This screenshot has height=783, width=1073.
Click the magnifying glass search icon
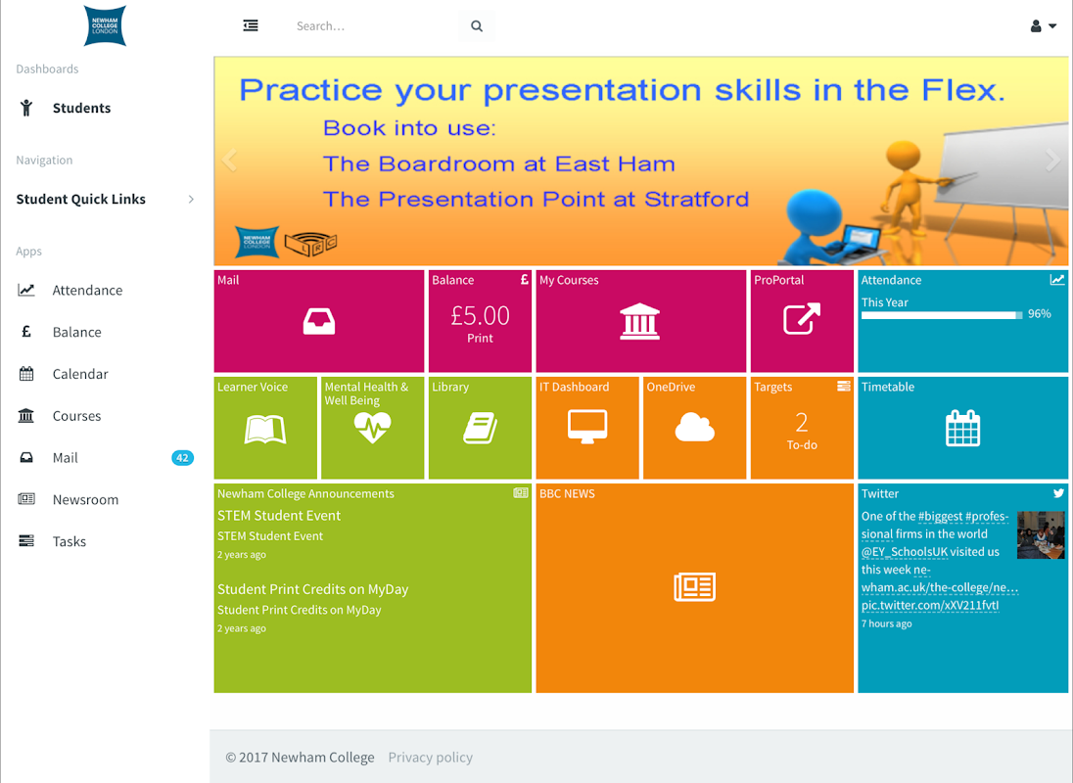click(x=476, y=26)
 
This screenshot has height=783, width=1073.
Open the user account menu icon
click(x=1043, y=26)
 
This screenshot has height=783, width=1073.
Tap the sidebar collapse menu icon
click(x=251, y=25)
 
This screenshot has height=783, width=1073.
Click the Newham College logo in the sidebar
click(x=105, y=26)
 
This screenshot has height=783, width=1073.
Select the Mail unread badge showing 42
click(x=182, y=457)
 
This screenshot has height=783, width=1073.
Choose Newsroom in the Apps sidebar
click(x=85, y=499)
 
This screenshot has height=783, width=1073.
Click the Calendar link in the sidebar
click(x=80, y=373)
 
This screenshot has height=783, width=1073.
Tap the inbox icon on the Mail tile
click(x=319, y=321)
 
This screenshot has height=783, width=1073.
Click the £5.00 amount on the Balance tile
click(x=480, y=315)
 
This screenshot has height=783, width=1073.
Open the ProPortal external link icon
click(x=802, y=319)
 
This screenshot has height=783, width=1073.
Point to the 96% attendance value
click(x=1040, y=314)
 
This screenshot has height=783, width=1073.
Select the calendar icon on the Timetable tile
click(x=962, y=428)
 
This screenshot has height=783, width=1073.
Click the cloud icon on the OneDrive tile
click(x=694, y=427)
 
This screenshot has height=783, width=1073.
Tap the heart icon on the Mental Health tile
click(x=372, y=428)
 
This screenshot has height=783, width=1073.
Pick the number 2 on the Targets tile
click(x=802, y=422)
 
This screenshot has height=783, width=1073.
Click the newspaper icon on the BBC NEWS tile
click(x=694, y=586)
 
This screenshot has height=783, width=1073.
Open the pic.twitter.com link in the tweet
click(x=930, y=605)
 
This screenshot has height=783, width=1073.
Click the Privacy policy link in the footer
click(x=431, y=757)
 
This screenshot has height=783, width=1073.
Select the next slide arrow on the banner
click(x=1052, y=160)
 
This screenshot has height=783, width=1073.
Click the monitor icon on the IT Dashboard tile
click(x=587, y=427)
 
